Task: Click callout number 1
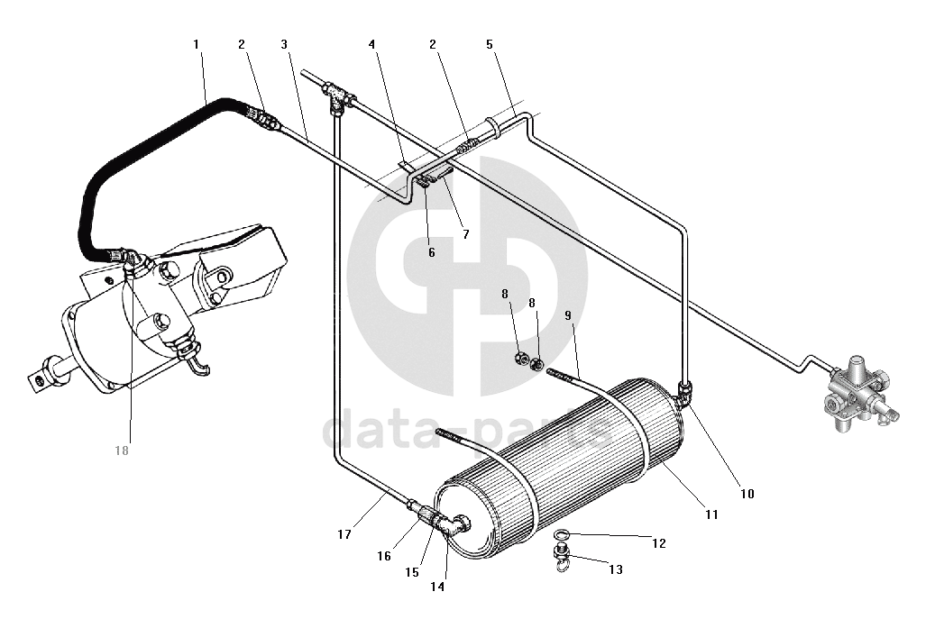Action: (x=197, y=44)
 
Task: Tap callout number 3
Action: (x=284, y=44)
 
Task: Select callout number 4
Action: (x=372, y=44)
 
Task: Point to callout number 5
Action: (x=490, y=44)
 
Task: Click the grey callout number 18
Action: (x=122, y=451)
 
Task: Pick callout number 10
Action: (x=747, y=493)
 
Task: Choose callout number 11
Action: (x=711, y=514)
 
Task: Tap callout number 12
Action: (x=659, y=543)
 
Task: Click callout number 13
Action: (x=616, y=569)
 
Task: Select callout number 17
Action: (x=344, y=534)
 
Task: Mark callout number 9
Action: (x=568, y=315)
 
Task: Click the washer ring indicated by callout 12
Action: (x=561, y=533)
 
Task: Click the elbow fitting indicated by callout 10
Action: (x=683, y=392)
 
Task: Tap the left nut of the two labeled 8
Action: (x=520, y=359)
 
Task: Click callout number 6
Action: (x=431, y=252)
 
